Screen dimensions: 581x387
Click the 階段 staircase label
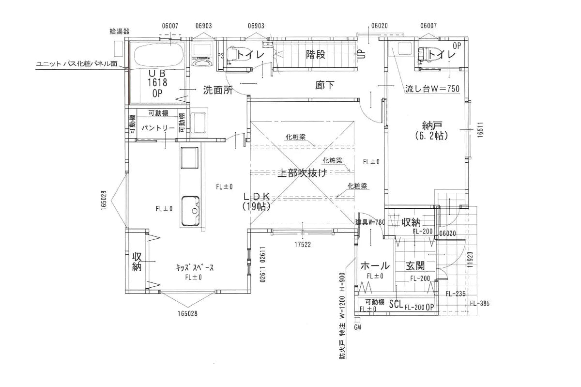(x=316, y=55)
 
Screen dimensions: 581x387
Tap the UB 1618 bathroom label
(x=157, y=78)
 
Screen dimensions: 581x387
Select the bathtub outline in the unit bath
(x=159, y=56)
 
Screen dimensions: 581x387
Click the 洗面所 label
(x=218, y=90)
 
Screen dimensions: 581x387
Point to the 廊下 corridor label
(x=325, y=85)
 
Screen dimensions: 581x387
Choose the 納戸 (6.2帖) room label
(x=431, y=131)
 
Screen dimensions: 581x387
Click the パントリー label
(x=158, y=128)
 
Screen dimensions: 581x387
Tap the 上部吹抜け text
(x=303, y=172)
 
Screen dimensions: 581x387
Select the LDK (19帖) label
(x=257, y=201)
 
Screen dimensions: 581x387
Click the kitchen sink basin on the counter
(x=190, y=211)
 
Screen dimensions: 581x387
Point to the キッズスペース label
(x=195, y=267)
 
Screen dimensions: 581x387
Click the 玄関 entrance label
(x=415, y=265)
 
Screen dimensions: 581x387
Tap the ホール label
(x=375, y=265)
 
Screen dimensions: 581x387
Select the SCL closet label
(x=396, y=304)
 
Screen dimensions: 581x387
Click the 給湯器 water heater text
(x=119, y=31)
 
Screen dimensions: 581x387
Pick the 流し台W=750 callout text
(x=432, y=89)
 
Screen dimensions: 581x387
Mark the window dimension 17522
(x=303, y=245)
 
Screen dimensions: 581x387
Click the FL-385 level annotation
(x=480, y=303)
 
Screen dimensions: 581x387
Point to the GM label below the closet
(x=357, y=327)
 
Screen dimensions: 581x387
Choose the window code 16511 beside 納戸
(x=480, y=129)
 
